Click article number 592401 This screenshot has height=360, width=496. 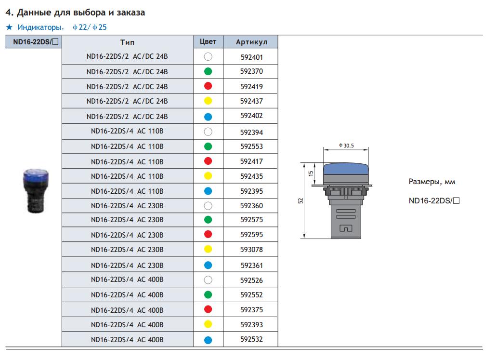[x=251, y=57]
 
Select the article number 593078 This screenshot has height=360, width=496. [x=251, y=250]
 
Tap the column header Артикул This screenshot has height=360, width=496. [x=251, y=42]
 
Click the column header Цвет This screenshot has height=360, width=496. [x=208, y=41]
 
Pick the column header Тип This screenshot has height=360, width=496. [x=127, y=42]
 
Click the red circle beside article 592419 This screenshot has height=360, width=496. [x=208, y=87]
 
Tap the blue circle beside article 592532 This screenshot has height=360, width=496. [x=208, y=340]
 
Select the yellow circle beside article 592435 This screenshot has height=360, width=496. [x=208, y=176]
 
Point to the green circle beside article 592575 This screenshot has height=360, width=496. [x=208, y=220]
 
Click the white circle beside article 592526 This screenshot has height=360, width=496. [x=208, y=280]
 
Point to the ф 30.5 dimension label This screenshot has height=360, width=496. [x=346, y=146]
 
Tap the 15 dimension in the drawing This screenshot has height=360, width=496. [x=311, y=173]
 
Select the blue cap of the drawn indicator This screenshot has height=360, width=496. [x=346, y=168]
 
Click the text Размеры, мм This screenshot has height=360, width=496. [x=431, y=182]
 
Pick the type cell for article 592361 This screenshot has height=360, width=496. [x=127, y=265]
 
